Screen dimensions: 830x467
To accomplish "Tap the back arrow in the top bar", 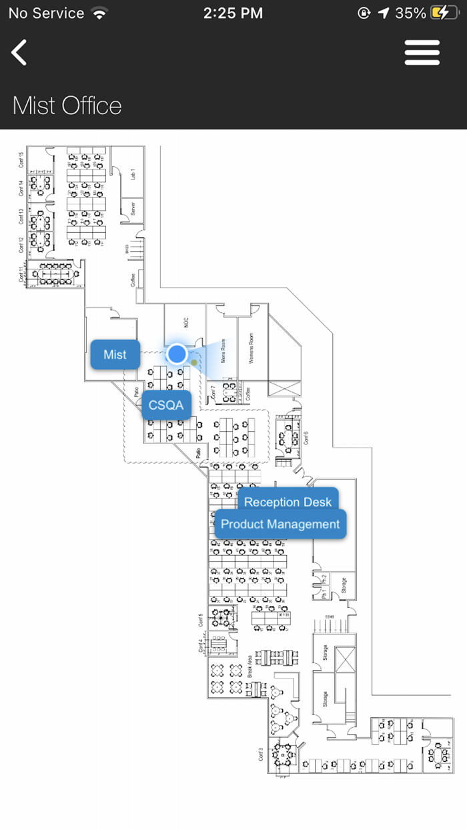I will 19,53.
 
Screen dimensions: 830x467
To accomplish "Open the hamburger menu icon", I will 422,53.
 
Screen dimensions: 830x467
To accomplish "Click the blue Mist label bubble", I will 115,354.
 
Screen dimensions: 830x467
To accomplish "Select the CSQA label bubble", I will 166,405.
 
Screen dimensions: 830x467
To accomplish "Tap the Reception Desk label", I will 288,502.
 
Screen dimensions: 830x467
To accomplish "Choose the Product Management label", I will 280,524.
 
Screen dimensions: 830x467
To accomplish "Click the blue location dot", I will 177,354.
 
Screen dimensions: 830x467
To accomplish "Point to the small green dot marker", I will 194,362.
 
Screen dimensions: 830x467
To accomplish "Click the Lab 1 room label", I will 133,175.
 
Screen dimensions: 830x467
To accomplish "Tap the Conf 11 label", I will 21,274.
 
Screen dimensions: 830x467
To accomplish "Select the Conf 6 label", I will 306,438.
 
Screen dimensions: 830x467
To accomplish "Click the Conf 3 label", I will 261,753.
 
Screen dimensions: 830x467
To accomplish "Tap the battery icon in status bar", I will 445,13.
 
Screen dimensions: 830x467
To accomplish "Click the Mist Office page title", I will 67,105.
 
